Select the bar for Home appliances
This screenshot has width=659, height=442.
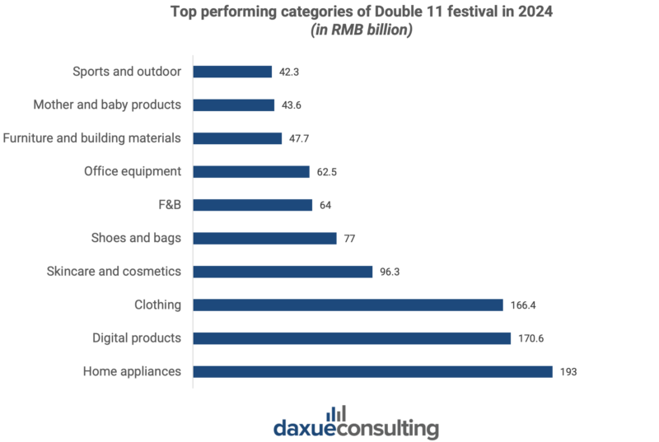click(x=373, y=372)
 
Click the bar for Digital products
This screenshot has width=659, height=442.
click(x=352, y=338)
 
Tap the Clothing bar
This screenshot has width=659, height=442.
click(x=348, y=305)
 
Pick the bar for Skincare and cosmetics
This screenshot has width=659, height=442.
click(x=283, y=272)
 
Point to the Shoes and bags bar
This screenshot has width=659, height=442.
click(x=264, y=239)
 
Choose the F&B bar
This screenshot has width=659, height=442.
click(x=253, y=205)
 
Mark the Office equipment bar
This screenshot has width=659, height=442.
click(x=251, y=172)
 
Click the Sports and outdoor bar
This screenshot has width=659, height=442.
click(x=232, y=72)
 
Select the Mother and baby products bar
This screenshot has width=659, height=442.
click(x=234, y=105)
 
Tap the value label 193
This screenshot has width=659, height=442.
click(x=568, y=372)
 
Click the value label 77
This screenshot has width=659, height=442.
click(x=349, y=239)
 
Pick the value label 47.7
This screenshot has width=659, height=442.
click(x=299, y=138)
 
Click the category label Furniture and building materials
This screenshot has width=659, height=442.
click(x=91, y=138)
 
